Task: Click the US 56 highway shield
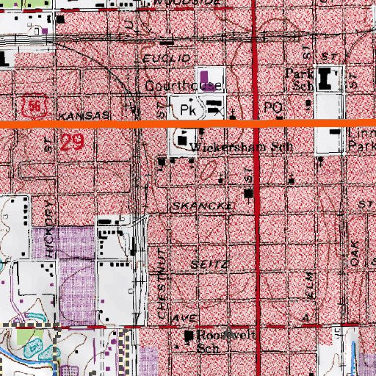[x=34, y=107]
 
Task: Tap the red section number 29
[x=71, y=142]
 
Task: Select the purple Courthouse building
[x=203, y=75]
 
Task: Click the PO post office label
[x=273, y=107]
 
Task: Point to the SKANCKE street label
[x=203, y=206]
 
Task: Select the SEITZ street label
[x=210, y=262]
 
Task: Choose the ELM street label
[x=309, y=283]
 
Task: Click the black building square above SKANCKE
[x=249, y=193]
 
